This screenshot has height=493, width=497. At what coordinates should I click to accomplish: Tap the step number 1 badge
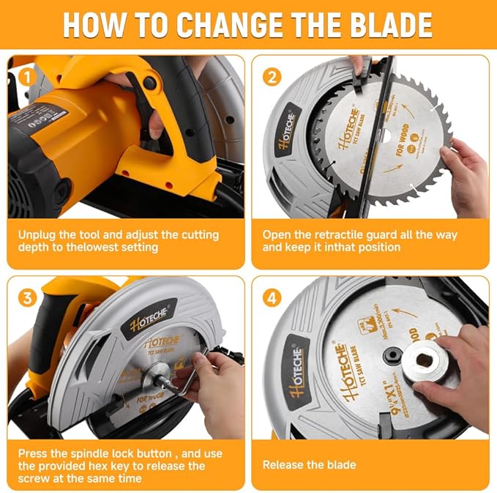[26, 75]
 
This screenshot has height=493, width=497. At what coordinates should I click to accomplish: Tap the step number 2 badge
[272, 75]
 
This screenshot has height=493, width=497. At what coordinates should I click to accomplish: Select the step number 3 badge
[26, 297]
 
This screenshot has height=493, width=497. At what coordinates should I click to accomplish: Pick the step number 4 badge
[272, 297]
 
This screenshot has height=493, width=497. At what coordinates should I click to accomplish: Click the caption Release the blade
[309, 464]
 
